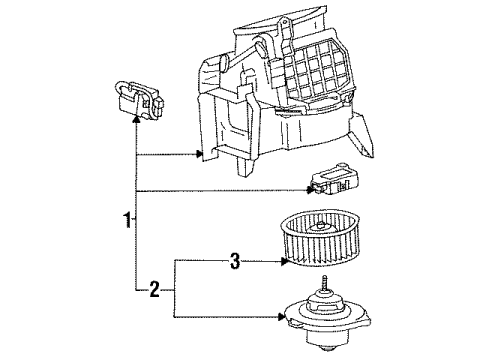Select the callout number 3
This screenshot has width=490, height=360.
[x=234, y=263]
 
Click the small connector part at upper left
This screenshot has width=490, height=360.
[x=140, y=99]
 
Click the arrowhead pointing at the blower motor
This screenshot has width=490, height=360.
[x=281, y=318]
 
